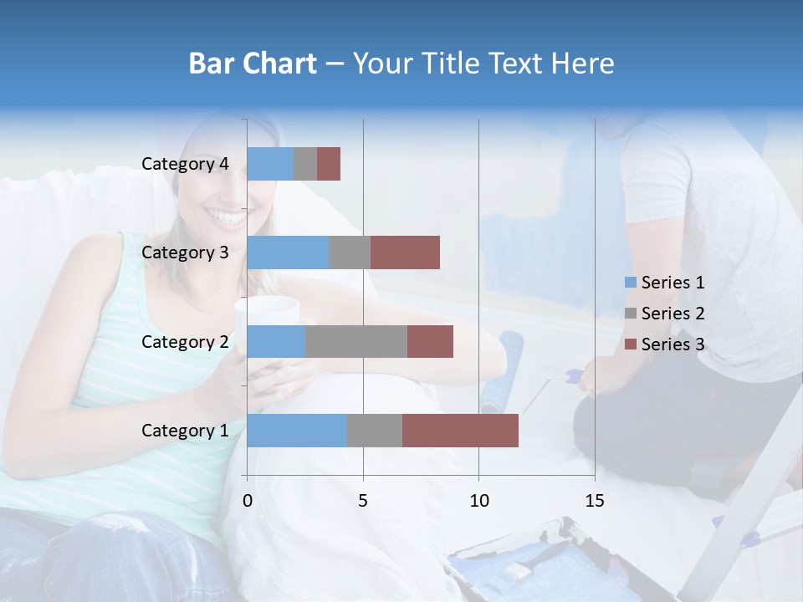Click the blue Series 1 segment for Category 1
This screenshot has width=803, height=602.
(297, 431)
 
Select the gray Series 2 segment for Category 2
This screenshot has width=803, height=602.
(356, 341)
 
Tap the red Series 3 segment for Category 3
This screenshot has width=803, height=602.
(405, 253)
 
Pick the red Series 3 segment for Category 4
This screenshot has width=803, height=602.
(329, 164)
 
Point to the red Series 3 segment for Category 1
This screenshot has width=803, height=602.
(460, 431)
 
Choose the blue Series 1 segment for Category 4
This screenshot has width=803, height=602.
(270, 164)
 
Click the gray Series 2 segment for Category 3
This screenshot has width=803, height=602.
(350, 253)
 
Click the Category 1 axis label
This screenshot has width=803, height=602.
(185, 431)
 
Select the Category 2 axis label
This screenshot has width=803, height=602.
(185, 341)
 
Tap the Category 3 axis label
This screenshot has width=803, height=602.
(185, 253)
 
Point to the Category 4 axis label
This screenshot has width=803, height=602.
(185, 164)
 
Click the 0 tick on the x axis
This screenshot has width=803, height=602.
(248, 501)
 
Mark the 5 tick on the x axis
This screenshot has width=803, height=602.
(363, 501)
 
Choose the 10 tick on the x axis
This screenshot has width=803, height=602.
(478, 501)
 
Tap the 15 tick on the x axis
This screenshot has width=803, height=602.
(595, 501)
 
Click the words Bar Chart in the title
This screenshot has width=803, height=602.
(252, 64)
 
